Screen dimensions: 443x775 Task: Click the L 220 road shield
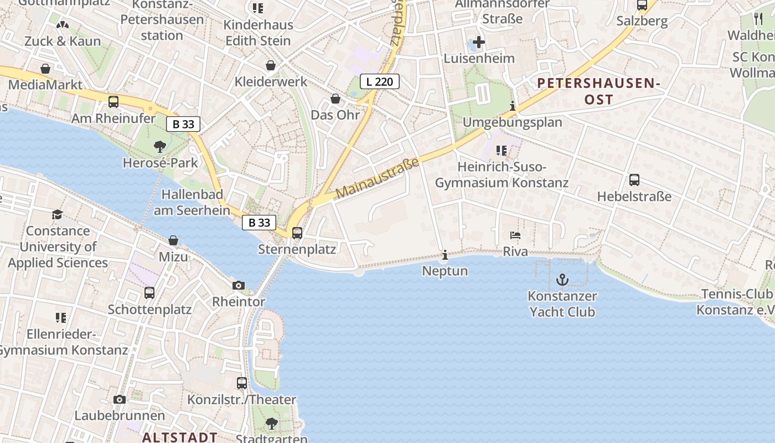(x=380, y=82)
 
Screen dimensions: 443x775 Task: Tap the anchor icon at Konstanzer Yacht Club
(x=562, y=280)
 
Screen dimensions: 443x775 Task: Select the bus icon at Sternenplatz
(x=297, y=233)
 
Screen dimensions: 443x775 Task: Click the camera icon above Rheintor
(x=239, y=286)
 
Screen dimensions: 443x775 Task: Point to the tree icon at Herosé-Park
(x=160, y=147)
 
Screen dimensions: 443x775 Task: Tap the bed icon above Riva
(x=515, y=235)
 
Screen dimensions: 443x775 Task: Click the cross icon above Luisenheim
(x=479, y=42)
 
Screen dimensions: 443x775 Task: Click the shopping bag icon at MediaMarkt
(x=45, y=69)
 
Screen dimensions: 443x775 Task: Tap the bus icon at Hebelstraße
(x=634, y=180)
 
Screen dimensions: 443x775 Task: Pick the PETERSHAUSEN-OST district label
(x=599, y=91)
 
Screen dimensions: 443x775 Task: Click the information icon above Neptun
(x=445, y=255)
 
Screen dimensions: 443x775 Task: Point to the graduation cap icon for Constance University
(x=58, y=214)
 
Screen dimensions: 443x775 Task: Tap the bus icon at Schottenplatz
(x=149, y=293)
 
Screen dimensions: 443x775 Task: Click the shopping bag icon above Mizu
(x=173, y=240)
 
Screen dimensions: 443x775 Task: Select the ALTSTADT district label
(x=180, y=437)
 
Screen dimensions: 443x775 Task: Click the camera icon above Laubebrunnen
(x=120, y=399)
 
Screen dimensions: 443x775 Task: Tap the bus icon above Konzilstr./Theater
(x=242, y=383)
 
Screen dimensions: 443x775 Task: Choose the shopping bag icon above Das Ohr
(x=335, y=99)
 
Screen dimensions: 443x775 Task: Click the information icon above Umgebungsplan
(x=513, y=106)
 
